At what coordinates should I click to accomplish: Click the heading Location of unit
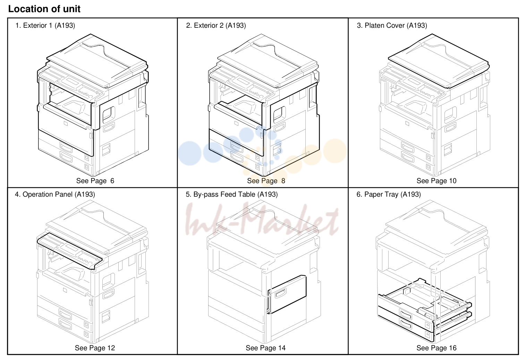44,9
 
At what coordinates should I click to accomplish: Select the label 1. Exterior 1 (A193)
45,25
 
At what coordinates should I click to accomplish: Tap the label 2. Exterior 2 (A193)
216,25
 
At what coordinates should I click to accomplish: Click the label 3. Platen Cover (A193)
392,25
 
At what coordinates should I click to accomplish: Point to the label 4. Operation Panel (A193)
55,194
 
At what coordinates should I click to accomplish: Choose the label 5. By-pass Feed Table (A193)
231,194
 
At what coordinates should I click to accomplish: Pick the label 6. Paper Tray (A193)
389,194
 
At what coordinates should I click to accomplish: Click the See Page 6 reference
95,181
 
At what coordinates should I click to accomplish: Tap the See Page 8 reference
266,181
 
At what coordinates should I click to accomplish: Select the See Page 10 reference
436,181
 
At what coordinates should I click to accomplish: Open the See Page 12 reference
95,348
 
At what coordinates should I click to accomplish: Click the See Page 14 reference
265,348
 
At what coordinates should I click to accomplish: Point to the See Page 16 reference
436,348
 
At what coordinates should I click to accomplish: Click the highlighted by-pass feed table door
287,294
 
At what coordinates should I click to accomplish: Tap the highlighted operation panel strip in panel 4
69,251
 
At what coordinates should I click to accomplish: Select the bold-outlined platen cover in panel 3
439,61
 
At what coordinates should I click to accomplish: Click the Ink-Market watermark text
262,220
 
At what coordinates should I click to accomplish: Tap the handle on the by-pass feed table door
281,293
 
